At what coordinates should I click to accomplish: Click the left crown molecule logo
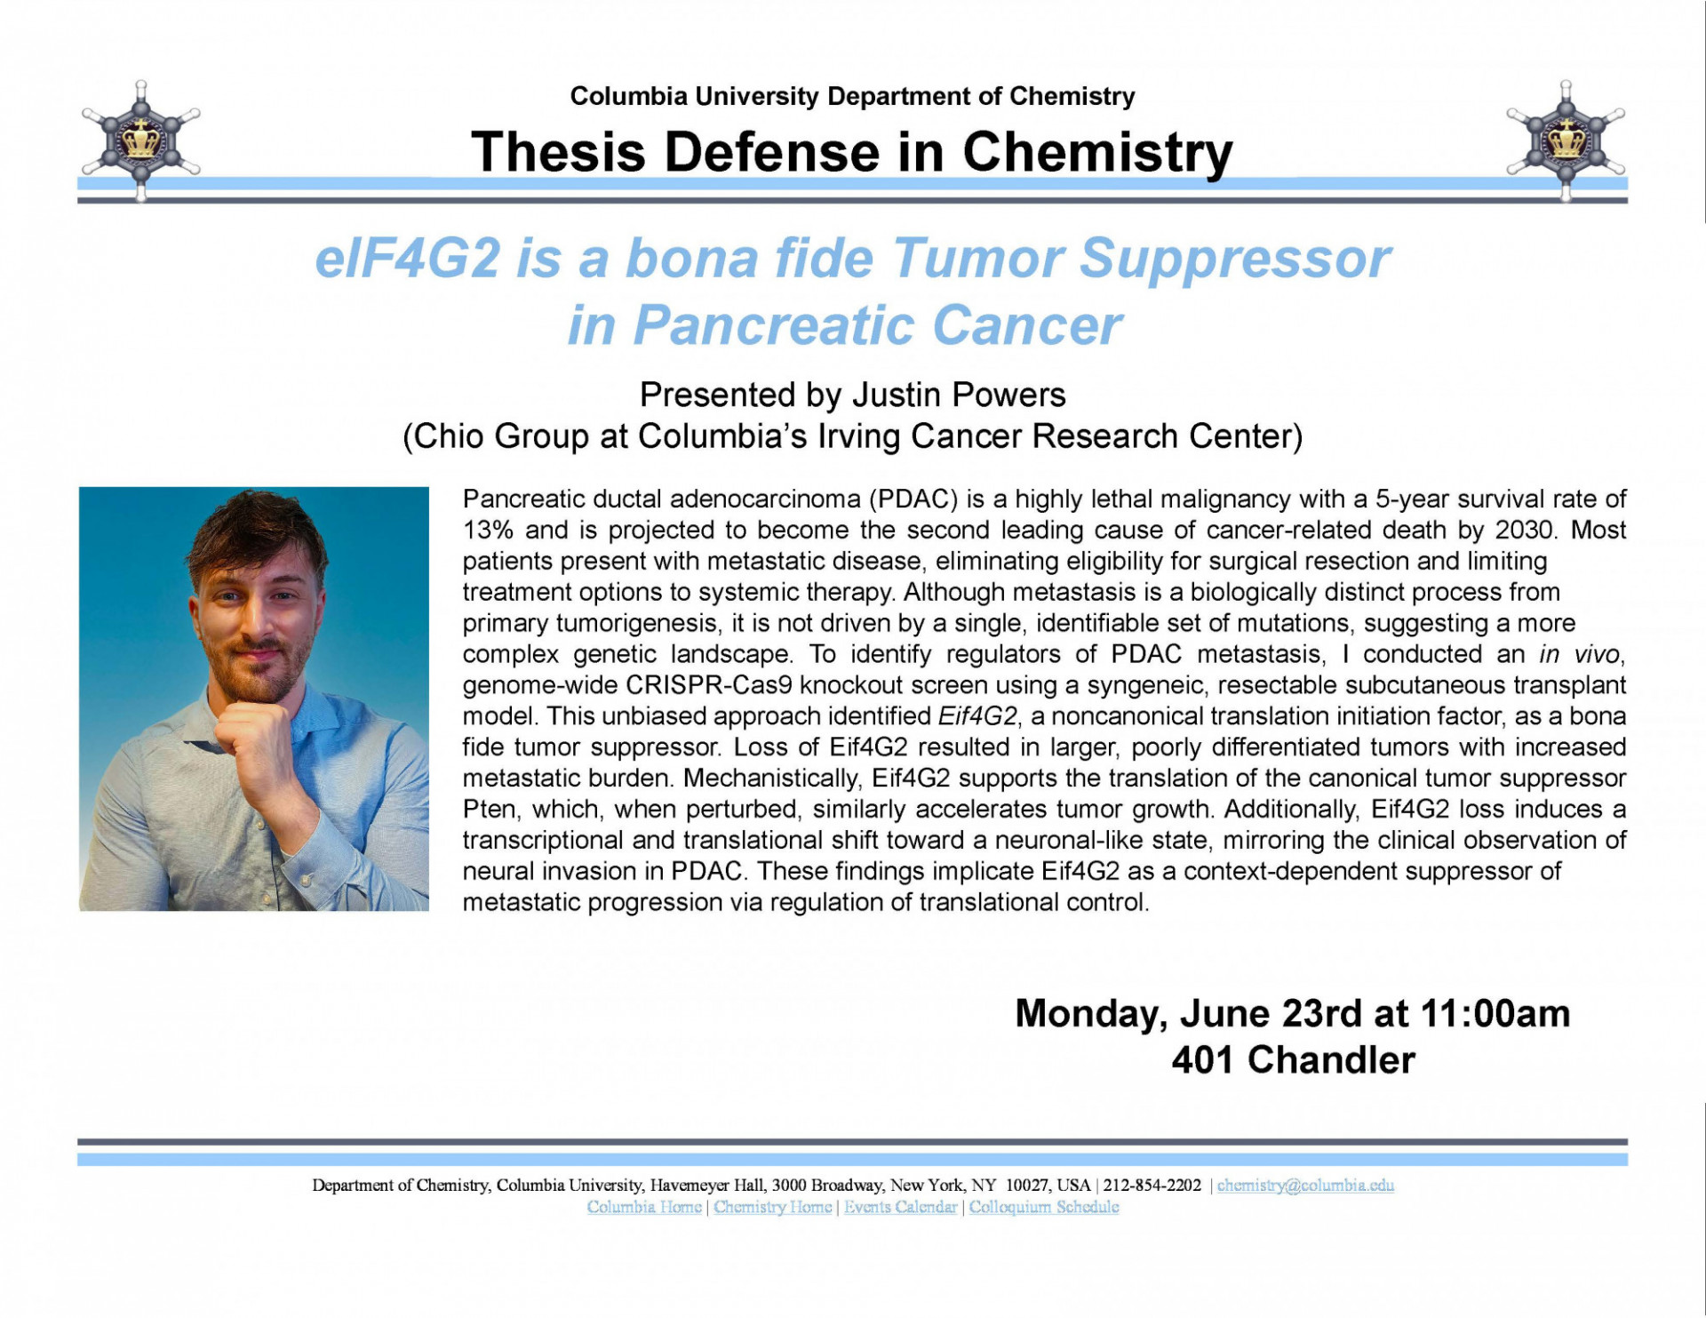140,140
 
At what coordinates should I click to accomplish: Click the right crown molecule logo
1566,140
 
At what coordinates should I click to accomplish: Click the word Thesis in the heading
557,152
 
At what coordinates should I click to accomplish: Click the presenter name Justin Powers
959,395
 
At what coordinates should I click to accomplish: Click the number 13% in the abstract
488,531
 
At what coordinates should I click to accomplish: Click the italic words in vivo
1581,655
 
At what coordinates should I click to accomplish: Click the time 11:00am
1495,1014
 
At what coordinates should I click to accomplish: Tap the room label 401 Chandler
1293,1060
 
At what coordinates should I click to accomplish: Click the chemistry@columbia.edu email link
1304,1186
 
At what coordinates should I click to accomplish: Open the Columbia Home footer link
643,1208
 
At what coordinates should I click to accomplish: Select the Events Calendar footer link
900,1208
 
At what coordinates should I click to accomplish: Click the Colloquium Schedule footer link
1043,1208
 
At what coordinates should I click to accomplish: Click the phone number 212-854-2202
1152,1186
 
